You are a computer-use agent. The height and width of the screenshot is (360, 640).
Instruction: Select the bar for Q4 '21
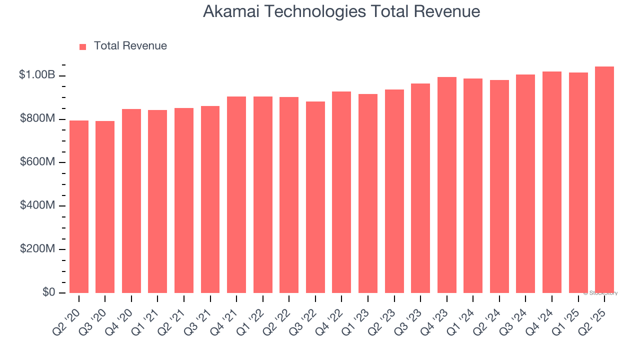236,194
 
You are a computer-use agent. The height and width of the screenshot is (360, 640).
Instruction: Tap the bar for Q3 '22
315,197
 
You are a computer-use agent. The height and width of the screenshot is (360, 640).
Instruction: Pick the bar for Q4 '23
446,185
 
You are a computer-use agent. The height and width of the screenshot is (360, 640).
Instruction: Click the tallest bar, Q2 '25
604,179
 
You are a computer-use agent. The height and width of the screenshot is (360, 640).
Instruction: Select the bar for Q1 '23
368,193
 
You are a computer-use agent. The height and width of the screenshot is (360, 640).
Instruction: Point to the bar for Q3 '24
525,183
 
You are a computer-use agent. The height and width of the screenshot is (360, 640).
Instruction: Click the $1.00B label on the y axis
36,75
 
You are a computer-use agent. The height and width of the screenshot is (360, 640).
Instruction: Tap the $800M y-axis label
37,118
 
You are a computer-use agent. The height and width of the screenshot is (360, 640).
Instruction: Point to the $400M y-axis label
37,205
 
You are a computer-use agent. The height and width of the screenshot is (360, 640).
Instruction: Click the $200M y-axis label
37,249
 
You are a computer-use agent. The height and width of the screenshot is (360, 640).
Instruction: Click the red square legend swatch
83,46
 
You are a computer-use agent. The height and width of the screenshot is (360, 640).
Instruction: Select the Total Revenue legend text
130,46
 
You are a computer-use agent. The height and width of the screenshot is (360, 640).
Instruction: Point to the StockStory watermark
600,293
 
